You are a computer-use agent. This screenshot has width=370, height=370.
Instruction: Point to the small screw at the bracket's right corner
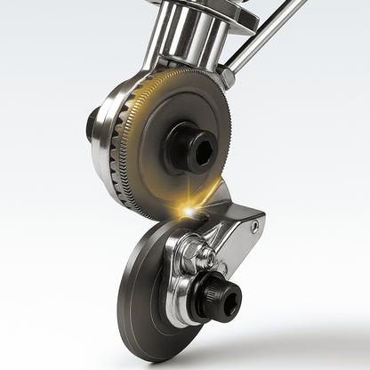(254, 227)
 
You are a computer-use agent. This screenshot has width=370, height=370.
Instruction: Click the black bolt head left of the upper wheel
(92, 124)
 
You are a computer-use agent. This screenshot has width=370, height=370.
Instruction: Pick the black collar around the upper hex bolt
(182, 147)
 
